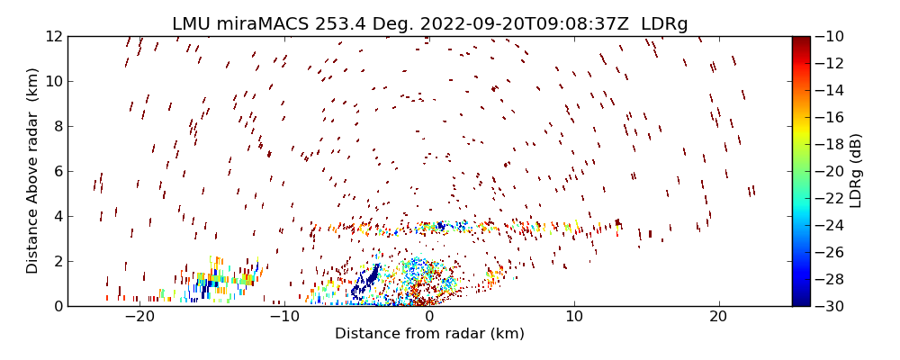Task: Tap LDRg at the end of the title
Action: (665, 24)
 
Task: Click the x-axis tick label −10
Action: (284, 317)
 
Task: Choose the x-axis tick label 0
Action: (429, 317)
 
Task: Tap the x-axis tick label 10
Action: (574, 317)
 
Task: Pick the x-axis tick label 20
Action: (718, 317)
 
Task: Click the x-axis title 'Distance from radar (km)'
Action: (429, 334)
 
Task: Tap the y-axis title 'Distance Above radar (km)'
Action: (33, 170)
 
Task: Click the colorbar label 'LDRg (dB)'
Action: (856, 170)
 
